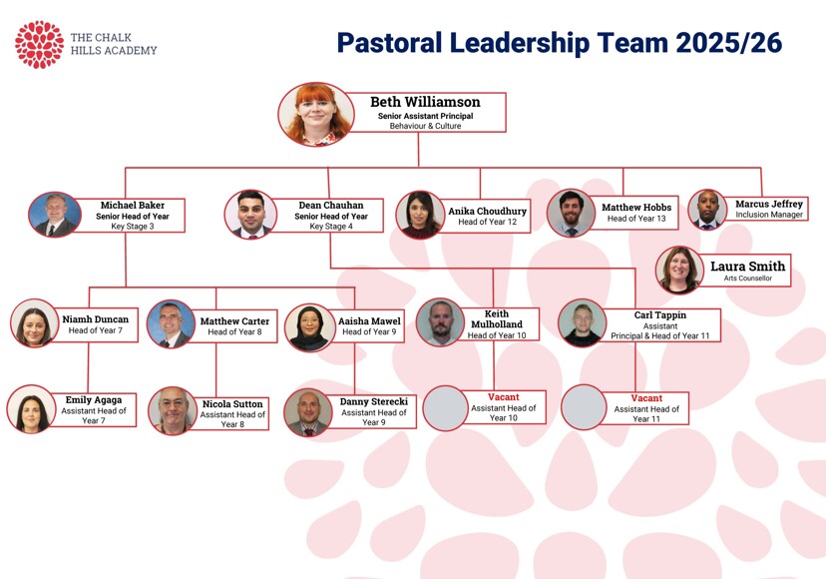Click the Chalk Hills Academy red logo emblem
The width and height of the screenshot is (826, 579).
[x=40, y=45]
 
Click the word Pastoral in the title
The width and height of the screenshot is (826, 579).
[x=389, y=43]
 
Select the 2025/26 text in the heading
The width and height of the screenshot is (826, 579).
[x=728, y=43]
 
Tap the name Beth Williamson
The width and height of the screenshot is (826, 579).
[x=425, y=102]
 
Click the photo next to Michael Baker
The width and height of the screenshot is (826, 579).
[x=55, y=214]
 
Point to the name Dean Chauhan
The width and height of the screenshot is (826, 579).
[x=331, y=205]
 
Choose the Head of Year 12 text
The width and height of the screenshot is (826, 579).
[x=487, y=222]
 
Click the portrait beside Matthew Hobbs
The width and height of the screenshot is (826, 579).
[x=571, y=213]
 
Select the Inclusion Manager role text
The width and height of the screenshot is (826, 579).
[x=769, y=215]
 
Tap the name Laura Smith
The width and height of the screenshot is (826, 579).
[x=747, y=267]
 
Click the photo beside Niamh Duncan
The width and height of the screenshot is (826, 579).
[x=34, y=322]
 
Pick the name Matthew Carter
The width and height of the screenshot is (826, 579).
[x=234, y=321]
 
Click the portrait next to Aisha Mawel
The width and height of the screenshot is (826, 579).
[x=309, y=327]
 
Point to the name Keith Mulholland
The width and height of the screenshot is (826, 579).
[x=497, y=319]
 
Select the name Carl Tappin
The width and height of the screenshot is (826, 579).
[x=660, y=314]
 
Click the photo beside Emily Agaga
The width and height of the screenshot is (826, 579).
[x=31, y=409]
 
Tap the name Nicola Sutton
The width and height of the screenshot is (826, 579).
[x=232, y=404]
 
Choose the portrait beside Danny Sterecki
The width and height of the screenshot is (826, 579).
[x=308, y=413]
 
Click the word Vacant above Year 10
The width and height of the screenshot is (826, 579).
[x=503, y=397]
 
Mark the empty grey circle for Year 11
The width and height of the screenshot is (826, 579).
[x=584, y=407]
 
